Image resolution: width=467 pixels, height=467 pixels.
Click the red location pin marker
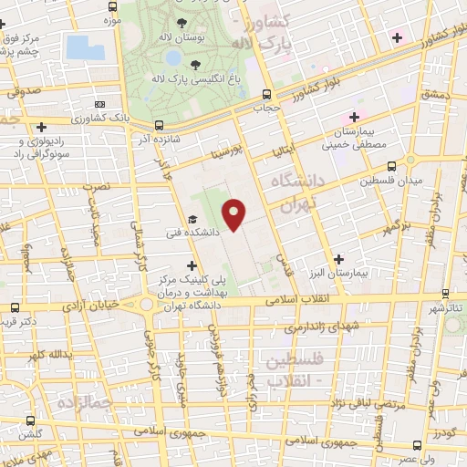click(x=235, y=214)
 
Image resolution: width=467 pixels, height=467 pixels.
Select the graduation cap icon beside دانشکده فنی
click(x=192, y=219)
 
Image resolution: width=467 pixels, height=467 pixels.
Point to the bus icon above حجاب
click(x=266, y=93)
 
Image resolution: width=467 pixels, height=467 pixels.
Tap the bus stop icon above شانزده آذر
click(x=160, y=125)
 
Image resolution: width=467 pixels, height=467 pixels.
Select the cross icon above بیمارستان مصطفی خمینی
click(x=355, y=118)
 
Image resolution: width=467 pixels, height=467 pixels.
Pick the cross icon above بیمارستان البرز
click(x=338, y=259)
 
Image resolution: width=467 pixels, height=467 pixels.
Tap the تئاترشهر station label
click(x=446, y=309)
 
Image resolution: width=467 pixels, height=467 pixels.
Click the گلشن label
click(x=32, y=436)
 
